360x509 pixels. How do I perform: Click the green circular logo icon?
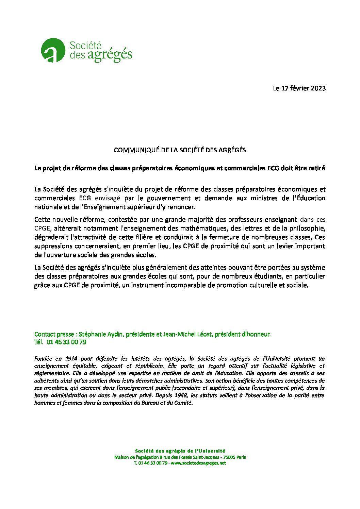click(53, 50)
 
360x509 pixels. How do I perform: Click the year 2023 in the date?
click(318, 88)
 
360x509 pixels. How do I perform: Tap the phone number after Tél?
click(66, 342)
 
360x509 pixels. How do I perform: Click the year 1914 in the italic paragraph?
click(70, 358)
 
